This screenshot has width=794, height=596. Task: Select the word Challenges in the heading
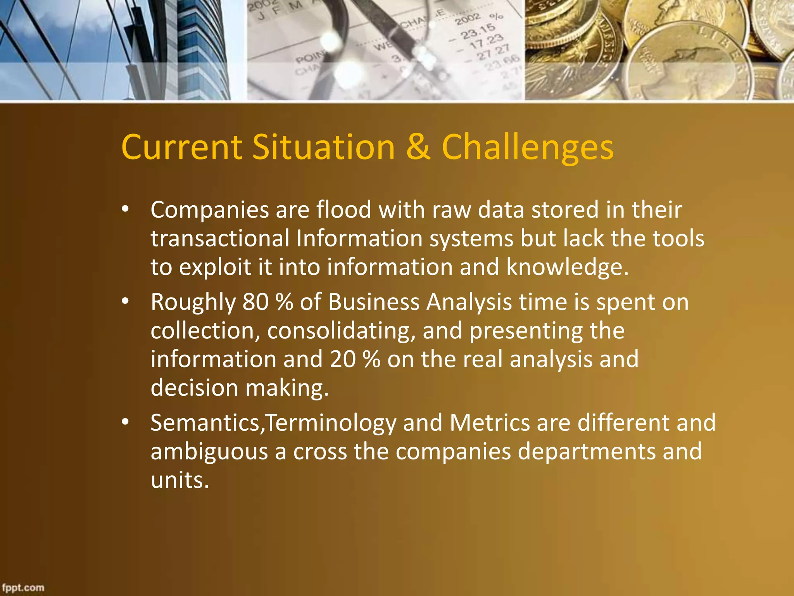[x=528, y=148]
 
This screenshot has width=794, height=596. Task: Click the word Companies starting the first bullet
[x=210, y=210]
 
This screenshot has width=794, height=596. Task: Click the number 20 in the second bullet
[x=343, y=359]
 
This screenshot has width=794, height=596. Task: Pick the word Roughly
[x=193, y=303]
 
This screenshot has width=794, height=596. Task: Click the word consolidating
[x=341, y=331]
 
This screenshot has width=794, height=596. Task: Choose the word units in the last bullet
[x=180, y=480]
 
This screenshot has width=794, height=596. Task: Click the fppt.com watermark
[x=23, y=587]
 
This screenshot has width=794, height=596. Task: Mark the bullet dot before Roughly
[x=125, y=301]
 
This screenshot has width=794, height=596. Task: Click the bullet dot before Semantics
[x=125, y=422]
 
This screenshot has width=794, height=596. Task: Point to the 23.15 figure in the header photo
[x=478, y=31]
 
